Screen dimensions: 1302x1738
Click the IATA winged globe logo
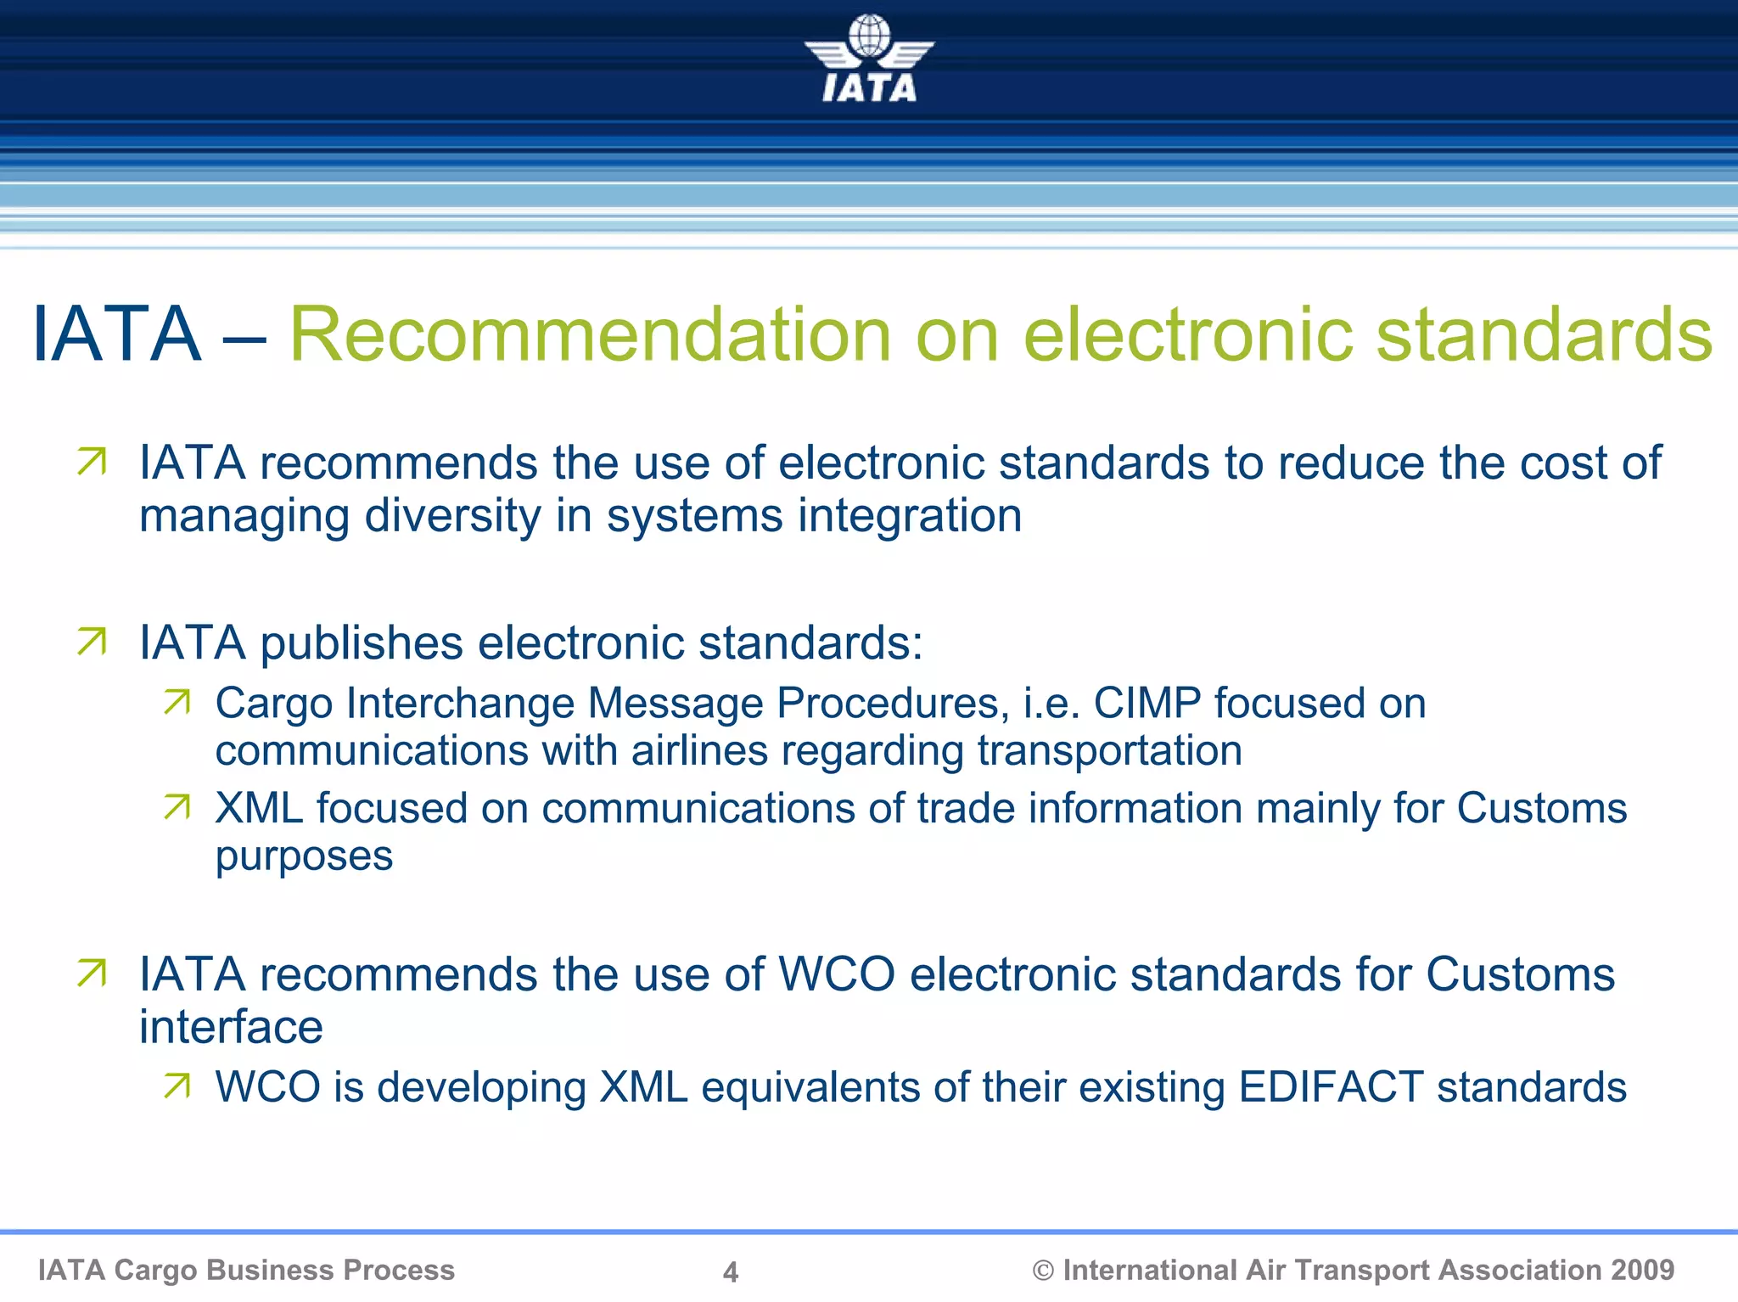(x=869, y=58)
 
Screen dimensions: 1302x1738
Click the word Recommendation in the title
(x=591, y=334)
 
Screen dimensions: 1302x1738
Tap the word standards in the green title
(x=1544, y=334)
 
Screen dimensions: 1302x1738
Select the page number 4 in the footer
(x=730, y=1271)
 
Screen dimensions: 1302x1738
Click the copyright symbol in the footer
(x=1043, y=1271)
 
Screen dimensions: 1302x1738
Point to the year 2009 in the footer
(x=1642, y=1270)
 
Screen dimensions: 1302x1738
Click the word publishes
(x=362, y=643)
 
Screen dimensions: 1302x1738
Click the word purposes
(x=304, y=856)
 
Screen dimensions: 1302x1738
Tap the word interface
(x=231, y=1027)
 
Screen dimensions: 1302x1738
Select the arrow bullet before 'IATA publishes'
(x=92, y=642)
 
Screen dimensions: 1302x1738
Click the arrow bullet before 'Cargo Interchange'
(x=177, y=702)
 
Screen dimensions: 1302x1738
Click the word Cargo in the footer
(x=155, y=1270)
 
